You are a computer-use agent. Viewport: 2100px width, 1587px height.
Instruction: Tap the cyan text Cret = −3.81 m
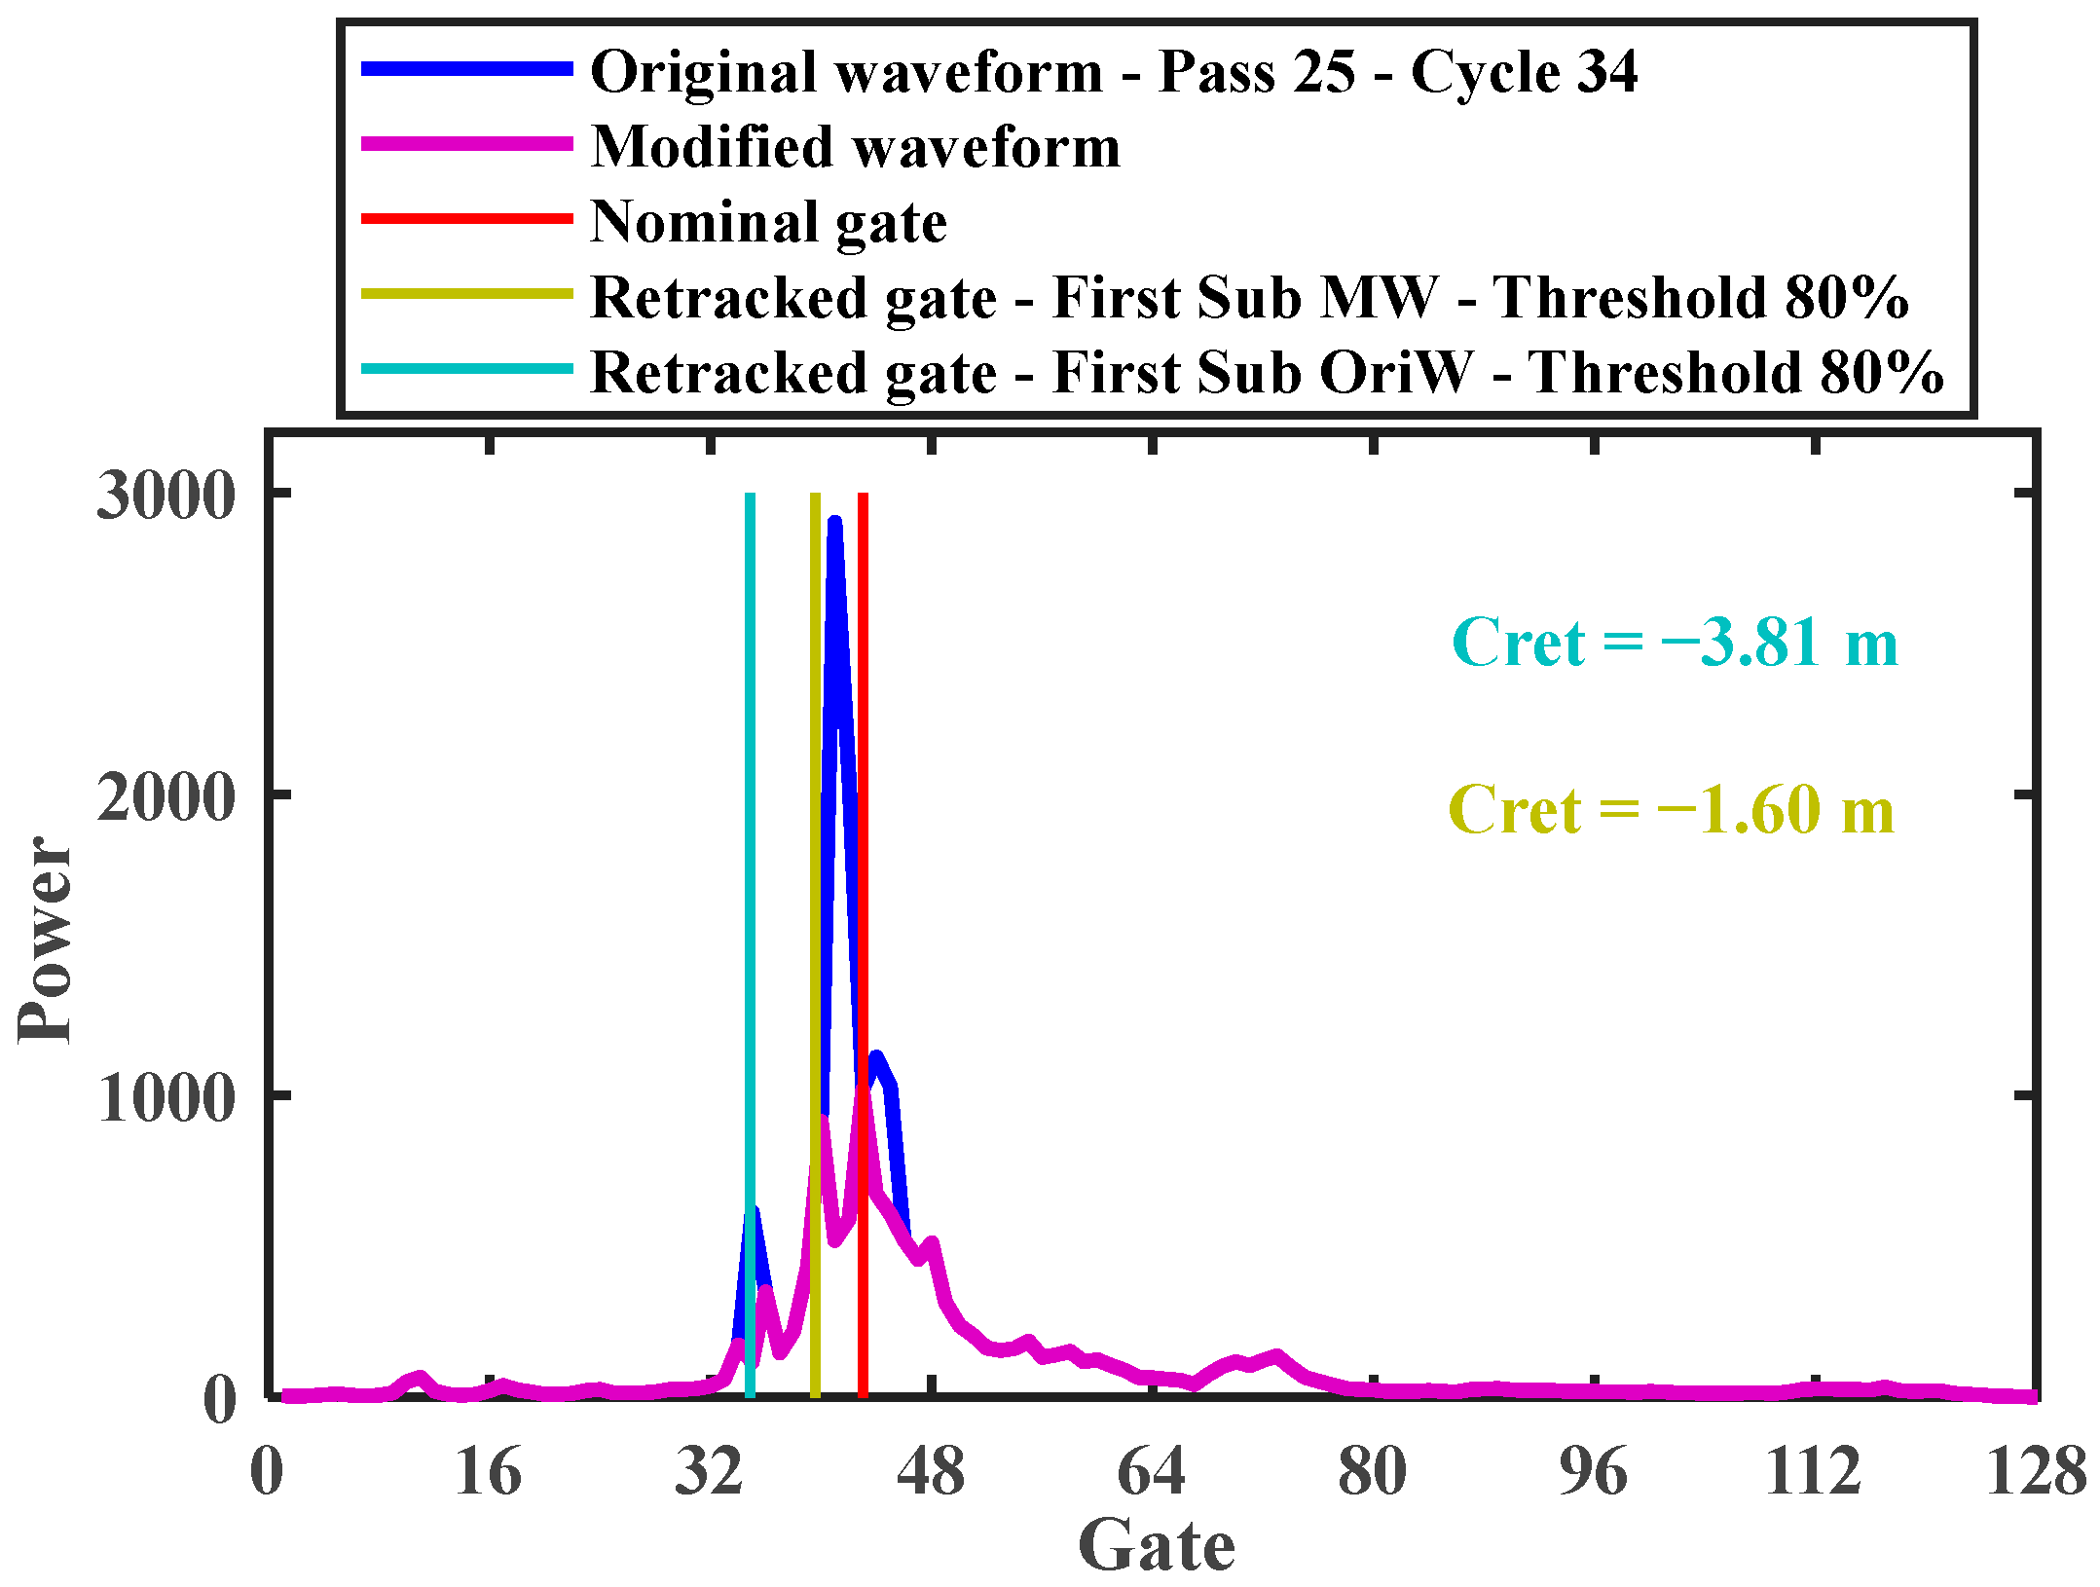pyautogui.click(x=1675, y=643)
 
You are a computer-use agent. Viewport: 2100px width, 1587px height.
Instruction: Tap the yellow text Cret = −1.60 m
pyautogui.click(x=1671, y=810)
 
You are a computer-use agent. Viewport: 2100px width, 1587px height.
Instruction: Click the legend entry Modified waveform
pyautogui.click(x=855, y=147)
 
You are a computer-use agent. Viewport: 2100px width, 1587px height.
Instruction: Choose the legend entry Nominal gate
pyautogui.click(x=768, y=222)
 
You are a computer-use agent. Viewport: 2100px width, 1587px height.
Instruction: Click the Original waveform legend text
pyautogui.click(x=1113, y=72)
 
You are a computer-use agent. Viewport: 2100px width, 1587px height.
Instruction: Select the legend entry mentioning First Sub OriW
pyautogui.click(x=1266, y=373)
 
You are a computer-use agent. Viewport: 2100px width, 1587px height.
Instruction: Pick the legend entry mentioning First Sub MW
pyautogui.click(x=1248, y=298)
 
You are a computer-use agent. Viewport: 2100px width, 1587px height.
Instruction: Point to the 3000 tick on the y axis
pyautogui.click(x=166, y=495)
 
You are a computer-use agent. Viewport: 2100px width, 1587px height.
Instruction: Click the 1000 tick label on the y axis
pyautogui.click(x=166, y=1097)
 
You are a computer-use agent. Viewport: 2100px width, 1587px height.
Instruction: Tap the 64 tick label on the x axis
pyautogui.click(x=1152, y=1471)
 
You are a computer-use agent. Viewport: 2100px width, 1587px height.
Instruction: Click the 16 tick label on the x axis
pyautogui.click(x=488, y=1471)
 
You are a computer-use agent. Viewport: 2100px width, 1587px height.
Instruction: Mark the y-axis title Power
pyautogui.click(x=45, y=940)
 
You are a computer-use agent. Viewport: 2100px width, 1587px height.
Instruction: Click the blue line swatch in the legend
pyautogui.click(x=467, y=69)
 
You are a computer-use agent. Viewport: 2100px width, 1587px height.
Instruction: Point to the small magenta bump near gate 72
pyautogui.click(x=1276, y=1356)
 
